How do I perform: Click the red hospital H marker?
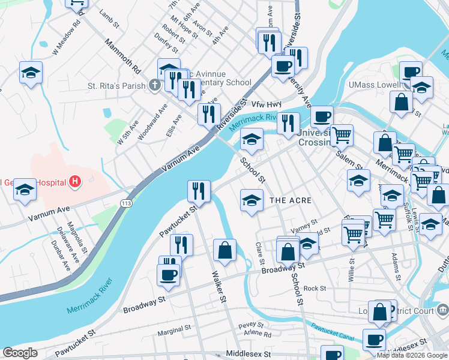[x=75, y=181]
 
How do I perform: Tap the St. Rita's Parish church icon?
[x=154, y=85]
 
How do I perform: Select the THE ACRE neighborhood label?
[x=291, y=200]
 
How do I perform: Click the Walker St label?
[x=218, y=286]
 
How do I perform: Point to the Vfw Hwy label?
[x=266, y=104]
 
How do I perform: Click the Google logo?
[x=20, y=353]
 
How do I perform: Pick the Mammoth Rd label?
[x=122, y=54]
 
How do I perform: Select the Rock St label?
[x=315, y=288]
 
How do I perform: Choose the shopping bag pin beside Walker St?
[x=224, y=250]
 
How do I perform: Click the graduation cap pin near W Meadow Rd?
[x=31, y=73]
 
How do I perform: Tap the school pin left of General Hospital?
[x=25, y=189]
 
